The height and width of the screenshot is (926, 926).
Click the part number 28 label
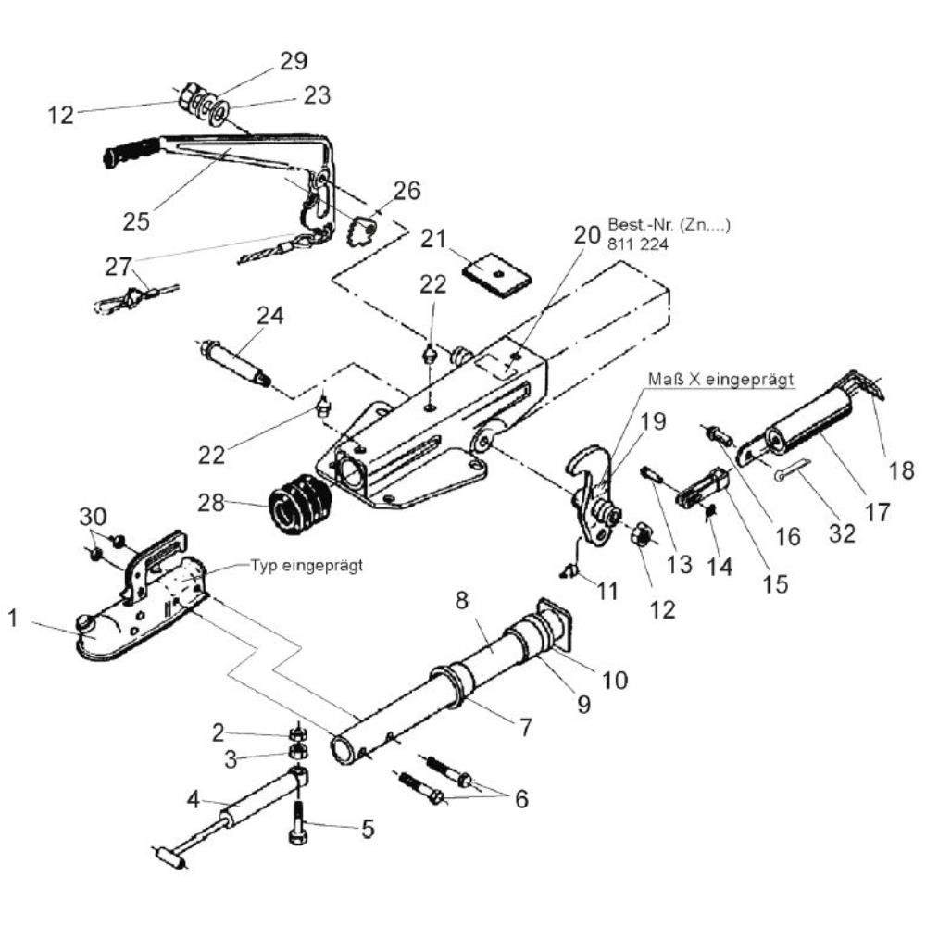(211, 503)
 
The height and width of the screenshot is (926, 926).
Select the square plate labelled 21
(496, 275)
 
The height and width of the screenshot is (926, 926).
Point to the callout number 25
(136, 222)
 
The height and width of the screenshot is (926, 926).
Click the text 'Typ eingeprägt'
(307, 566)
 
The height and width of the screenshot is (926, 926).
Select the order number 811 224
(638, 244)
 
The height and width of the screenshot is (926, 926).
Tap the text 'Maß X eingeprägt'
(720, 379)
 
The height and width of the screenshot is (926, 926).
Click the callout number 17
(877, 512)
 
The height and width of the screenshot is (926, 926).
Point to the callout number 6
(521, 799)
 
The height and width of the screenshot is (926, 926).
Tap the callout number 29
(294, 61)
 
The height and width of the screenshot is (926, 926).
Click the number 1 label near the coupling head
(13, 619)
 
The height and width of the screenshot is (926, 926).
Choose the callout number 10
(615, 681)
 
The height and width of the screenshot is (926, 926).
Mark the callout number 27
(119, 267)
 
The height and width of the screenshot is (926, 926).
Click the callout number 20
(587, 235)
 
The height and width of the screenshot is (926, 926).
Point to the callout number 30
(93, 518)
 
